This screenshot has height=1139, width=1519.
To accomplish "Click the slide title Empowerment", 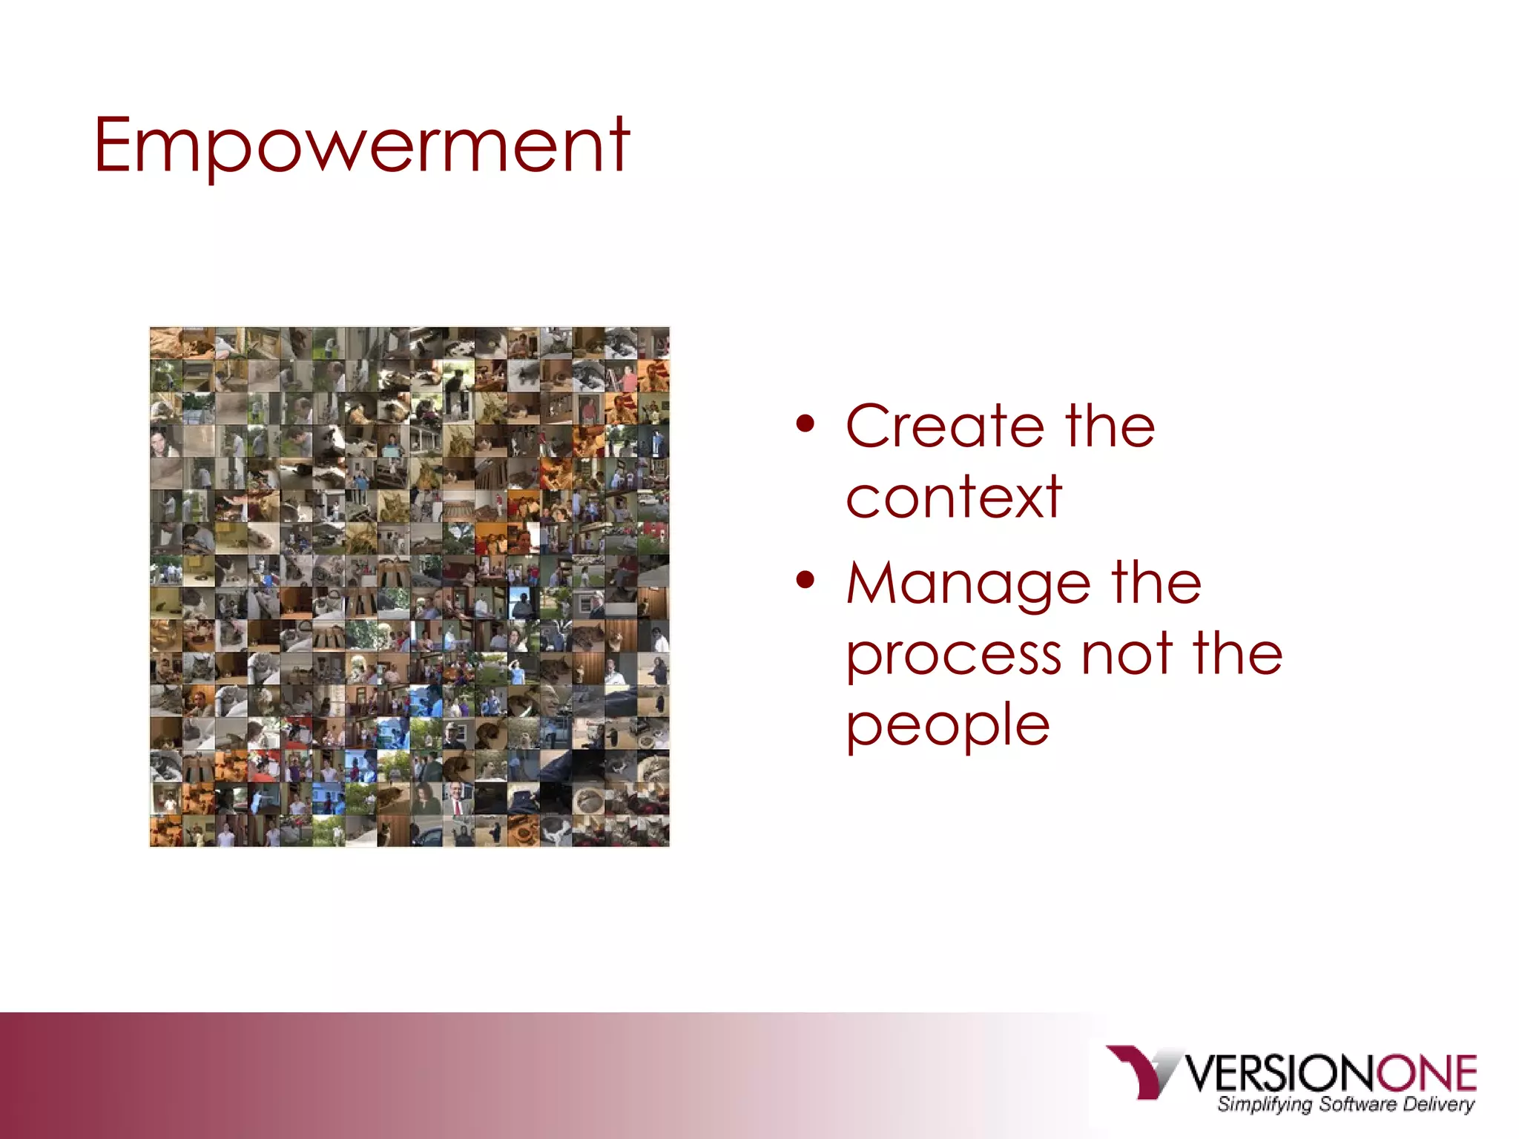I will pos(361,146).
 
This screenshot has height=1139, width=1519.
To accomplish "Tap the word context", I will pos(954,497).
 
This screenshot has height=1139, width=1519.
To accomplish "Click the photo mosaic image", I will pos(409,587).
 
